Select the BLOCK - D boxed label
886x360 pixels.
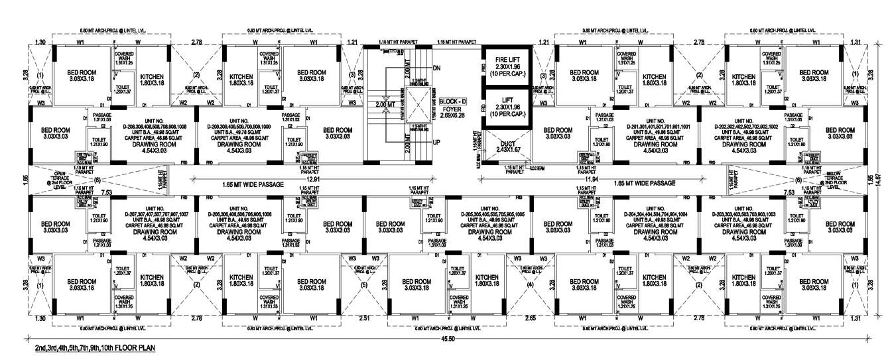[x=453, y=101]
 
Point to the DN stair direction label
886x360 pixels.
[x=436, y=68]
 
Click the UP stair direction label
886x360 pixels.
[x=436, y=142]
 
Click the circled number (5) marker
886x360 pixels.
[x=363, y=286]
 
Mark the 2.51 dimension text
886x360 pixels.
[x=363, y=319]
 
